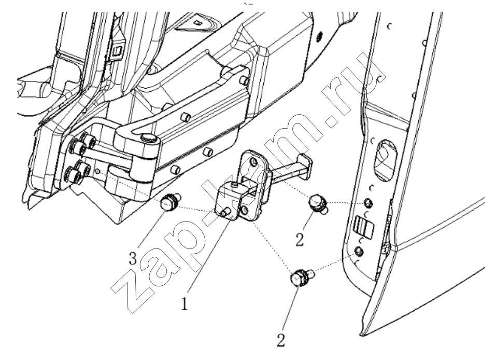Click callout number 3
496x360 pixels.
pyautogui.click(x=133, y=259)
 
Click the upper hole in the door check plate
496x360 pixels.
pyautogui.click(x=253, y=162)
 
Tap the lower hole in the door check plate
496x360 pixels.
pyautogui.click(x=244, y=210)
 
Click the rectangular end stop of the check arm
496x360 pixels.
pyautogui.click(x=304, y=164)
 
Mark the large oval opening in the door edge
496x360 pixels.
pyautogui.click(x=385, y=160)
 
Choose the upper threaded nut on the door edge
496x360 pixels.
pyautogui.click(x=368, y=203)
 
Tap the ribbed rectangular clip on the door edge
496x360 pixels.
pyautogui.click(x=363, y=227)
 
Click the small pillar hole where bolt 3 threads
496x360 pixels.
pyautogui.click(x=98, y=171)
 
